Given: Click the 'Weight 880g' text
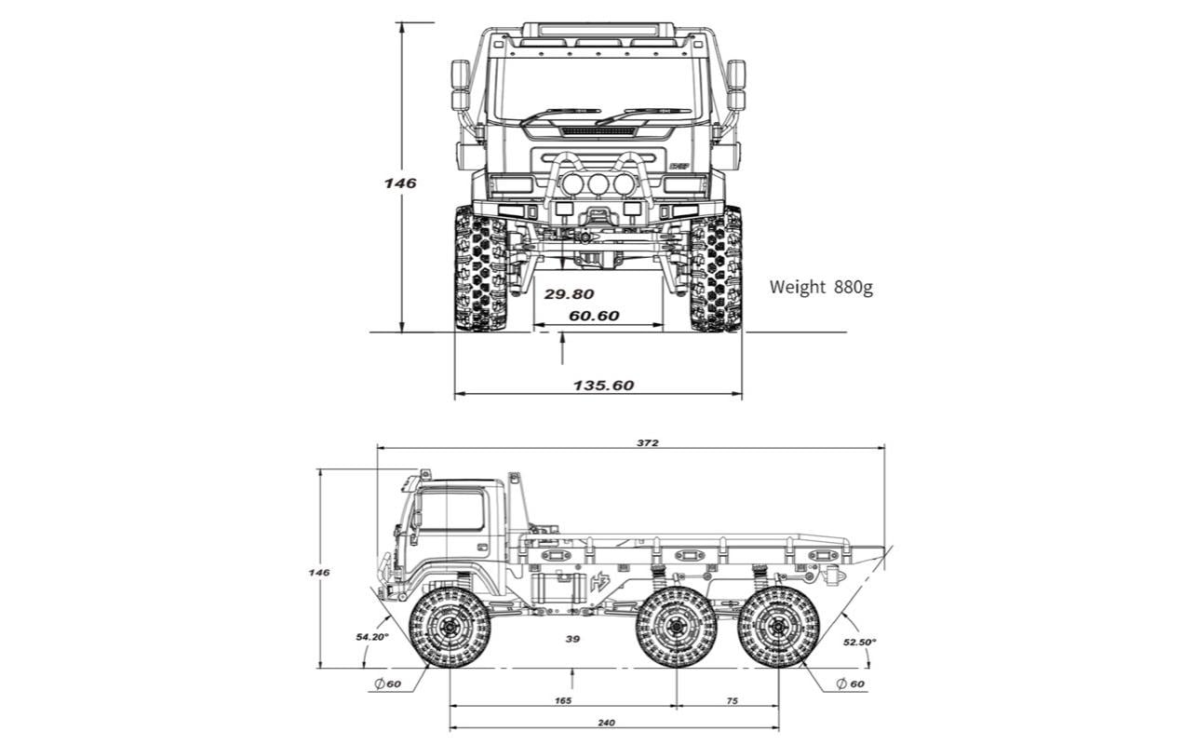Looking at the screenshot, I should coord(820,287).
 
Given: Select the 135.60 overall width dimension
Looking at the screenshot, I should coord(603,385).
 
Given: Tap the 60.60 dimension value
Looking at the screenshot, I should coord(594,316).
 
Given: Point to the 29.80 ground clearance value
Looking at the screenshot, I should coord(569,293).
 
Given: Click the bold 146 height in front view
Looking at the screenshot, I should coord(400,183).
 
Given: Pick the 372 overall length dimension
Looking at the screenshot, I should coord(648,442).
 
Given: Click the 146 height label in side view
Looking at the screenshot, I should coord(318,572).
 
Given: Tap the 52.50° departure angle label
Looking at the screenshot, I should coord(859,642).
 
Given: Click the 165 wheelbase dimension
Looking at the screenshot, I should coord(563,700).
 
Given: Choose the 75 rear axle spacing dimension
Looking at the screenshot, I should coord(732,700).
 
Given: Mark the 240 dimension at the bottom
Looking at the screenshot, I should coord(606,723).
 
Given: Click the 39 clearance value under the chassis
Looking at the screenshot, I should coord(572,638).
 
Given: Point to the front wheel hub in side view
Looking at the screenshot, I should coord(450,628).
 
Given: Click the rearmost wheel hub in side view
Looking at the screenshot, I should coord(779,628).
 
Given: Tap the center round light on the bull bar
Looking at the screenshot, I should coord(597,184).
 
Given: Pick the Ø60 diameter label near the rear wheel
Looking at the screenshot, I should coord(850,684).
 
